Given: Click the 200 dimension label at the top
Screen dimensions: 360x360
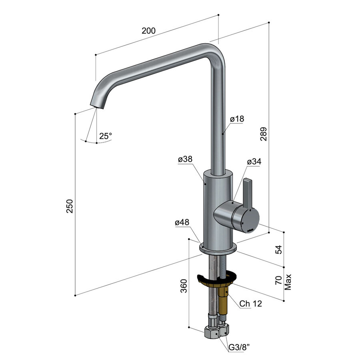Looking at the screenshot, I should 148,30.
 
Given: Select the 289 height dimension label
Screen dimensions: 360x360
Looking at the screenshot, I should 263,134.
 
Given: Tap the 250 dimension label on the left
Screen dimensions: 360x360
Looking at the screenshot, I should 70,206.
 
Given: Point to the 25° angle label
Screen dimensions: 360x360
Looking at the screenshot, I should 106,136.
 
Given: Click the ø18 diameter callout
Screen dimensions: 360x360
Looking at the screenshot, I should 237,119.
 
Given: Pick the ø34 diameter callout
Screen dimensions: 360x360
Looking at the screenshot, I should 254,162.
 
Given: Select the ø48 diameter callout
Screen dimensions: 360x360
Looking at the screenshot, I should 182,223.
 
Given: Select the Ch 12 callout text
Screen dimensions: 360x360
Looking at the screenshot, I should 251,304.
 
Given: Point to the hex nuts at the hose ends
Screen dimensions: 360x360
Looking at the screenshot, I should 216,332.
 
